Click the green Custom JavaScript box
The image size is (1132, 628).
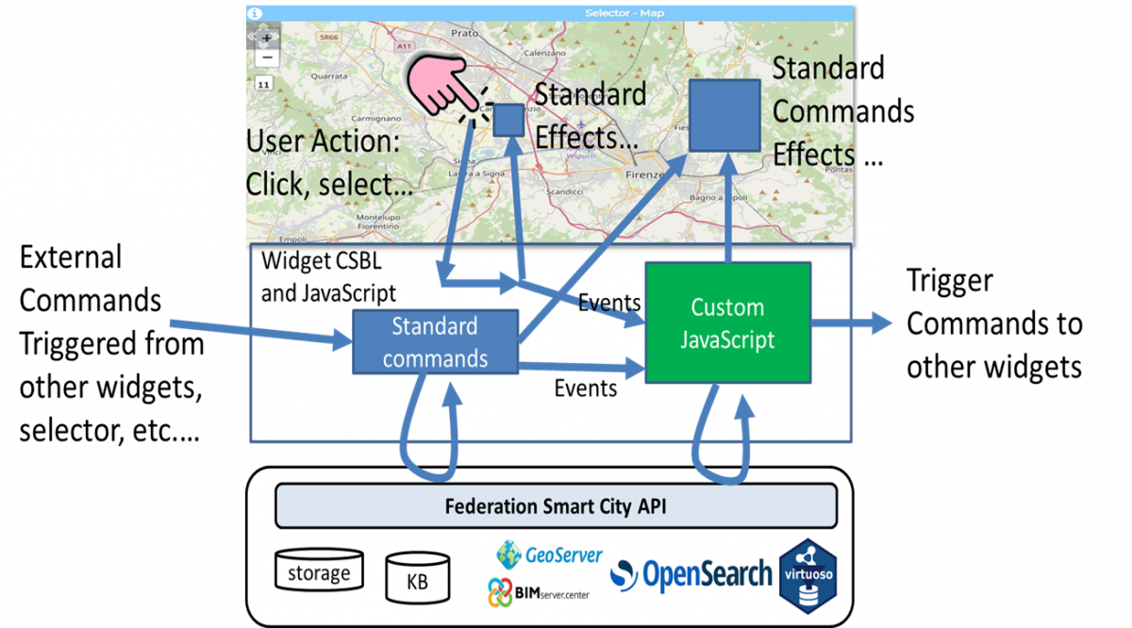point(727,322)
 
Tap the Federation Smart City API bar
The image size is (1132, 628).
point(556,506)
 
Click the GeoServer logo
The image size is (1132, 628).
point(549,554)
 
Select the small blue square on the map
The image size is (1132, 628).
point(508,119)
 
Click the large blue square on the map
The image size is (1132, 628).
point(724,115)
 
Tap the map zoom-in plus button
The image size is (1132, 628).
point(267,38)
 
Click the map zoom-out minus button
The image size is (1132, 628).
point(267,58)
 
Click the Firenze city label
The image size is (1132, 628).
point(645,175)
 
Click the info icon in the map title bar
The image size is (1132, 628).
point(255,13)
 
